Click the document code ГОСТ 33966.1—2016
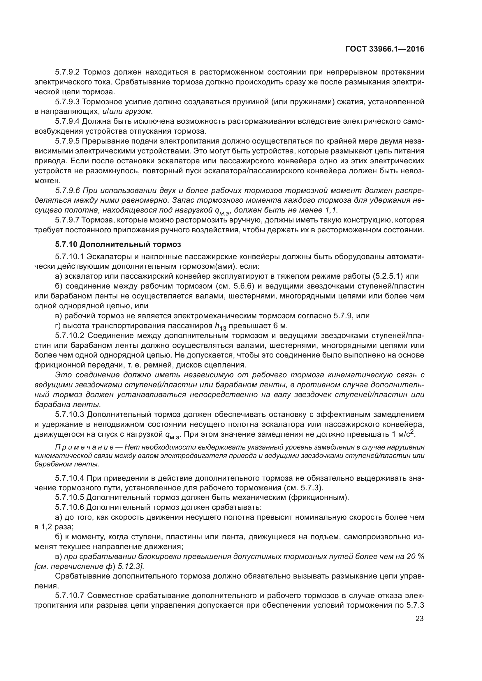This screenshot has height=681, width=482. tap(385, 49)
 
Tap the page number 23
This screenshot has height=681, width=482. tap(419, 618)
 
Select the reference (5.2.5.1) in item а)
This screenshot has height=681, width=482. tap(387, 276)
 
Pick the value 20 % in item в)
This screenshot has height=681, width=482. tap(415, 556)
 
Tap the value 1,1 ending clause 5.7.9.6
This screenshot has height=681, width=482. tap(332, 210)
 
